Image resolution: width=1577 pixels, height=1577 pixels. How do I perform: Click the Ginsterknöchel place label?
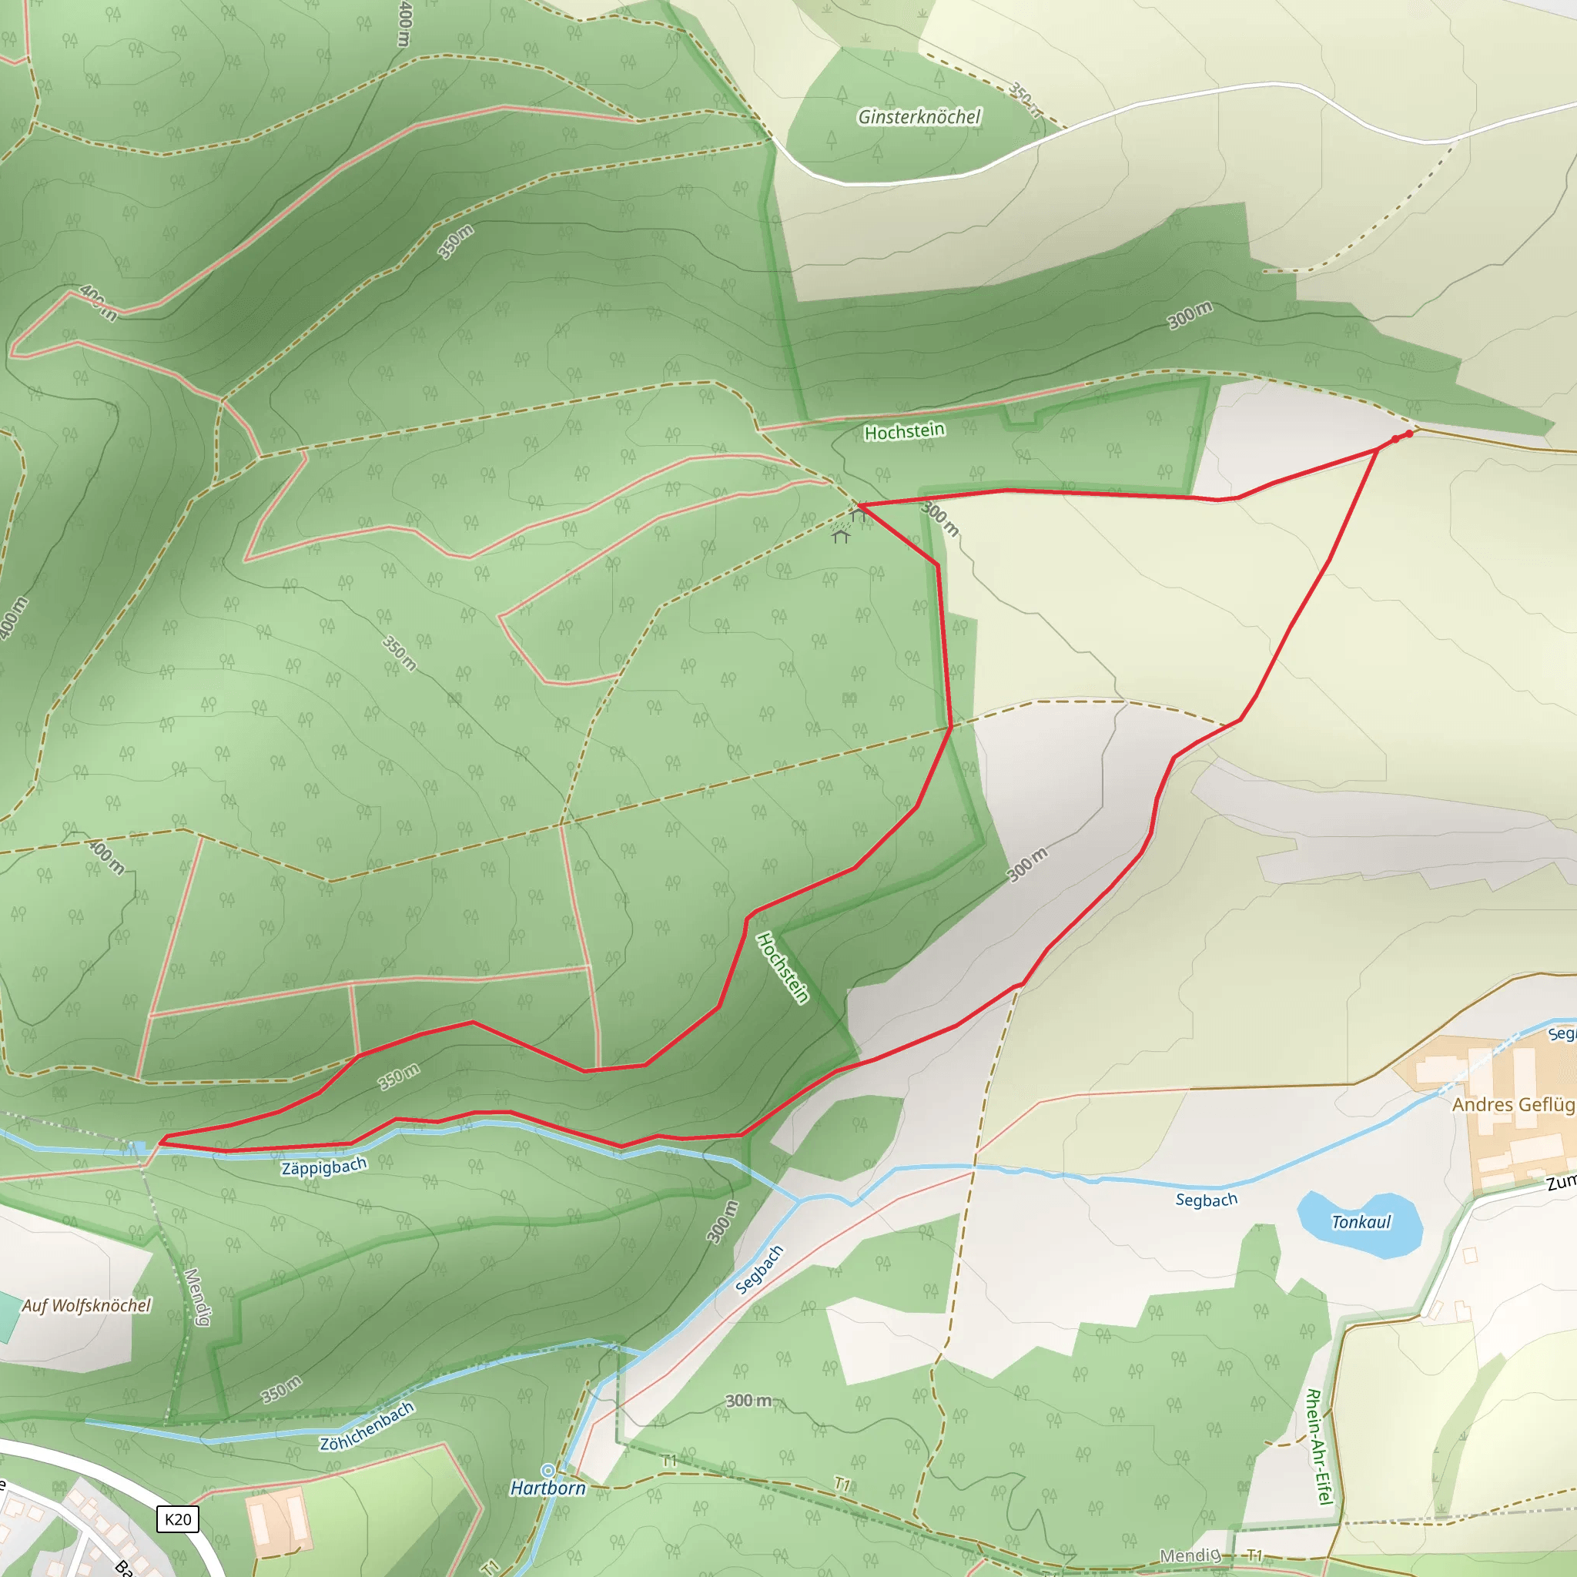(x=919, y=118)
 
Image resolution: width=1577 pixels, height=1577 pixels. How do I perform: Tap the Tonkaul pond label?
(x=1361, y=1222)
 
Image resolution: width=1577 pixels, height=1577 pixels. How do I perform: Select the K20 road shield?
(x=177, y=1519)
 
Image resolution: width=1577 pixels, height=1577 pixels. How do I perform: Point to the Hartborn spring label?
(x=547, y=1488)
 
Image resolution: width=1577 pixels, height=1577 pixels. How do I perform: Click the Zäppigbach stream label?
(x=324, y=1167)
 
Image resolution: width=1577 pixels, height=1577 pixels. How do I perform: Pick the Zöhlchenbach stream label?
(x=367, y=1426)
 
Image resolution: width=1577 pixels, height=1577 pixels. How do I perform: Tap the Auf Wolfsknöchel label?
(x=85, y=1306)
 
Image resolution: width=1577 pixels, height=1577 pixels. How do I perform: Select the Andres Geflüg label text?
(x=1513, y=1105)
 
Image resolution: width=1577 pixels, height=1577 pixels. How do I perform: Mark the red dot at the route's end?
(x=1409, y=434)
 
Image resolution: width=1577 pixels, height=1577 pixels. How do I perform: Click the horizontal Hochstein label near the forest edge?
(x=905, y=431)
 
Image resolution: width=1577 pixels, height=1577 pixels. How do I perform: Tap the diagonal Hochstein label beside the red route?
(x=782, y=968)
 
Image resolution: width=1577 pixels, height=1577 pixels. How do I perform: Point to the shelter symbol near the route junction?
(x=841, y=535)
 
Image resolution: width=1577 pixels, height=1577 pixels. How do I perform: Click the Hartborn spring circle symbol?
(x=547, y=1471)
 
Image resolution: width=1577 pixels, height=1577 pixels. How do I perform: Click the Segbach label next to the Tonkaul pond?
(x=1207, y=1200)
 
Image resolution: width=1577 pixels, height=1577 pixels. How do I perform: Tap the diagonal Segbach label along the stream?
(x=759, y=1270)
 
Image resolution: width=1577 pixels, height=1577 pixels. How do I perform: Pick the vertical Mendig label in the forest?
(x=196, y=1297)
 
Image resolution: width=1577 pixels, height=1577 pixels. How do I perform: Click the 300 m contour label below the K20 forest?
(x=748, y=1401)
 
